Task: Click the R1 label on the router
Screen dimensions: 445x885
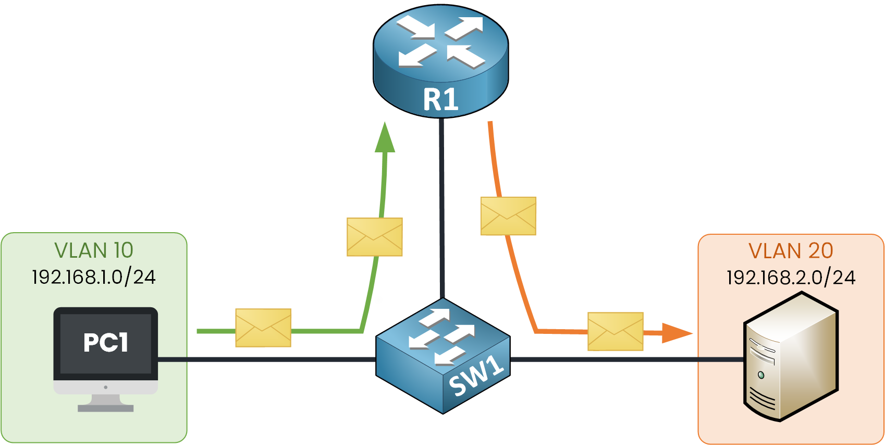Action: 441,100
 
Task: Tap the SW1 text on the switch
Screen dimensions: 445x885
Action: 476,377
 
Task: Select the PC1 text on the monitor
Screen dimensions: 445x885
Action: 106,343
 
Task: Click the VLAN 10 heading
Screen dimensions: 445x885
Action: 94,250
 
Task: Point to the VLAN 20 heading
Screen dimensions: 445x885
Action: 791,251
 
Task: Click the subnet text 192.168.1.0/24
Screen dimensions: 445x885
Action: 94,277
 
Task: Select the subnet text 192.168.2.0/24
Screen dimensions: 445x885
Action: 791,278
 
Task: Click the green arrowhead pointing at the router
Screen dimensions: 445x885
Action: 385,138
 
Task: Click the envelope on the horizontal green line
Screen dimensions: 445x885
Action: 263,328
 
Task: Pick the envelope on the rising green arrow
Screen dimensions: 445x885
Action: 375,237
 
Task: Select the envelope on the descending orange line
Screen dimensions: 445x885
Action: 508,216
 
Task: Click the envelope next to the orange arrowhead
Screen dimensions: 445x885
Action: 616,331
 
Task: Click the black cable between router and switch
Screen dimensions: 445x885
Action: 442,209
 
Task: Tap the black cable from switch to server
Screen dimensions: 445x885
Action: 625,359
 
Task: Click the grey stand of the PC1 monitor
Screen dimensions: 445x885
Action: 106,403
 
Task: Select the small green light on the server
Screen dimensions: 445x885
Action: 761,375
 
